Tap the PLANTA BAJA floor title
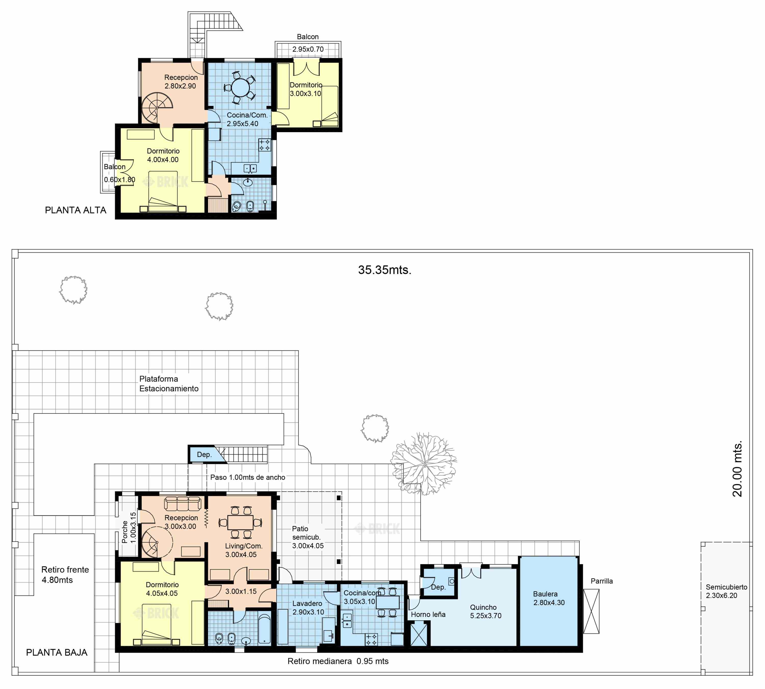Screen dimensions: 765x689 pyautogui.click(x=57, y=652)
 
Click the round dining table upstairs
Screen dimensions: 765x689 pyautogui.click(x=241, y=88)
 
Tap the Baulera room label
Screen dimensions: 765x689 pyautogui.click(x=545, y=594)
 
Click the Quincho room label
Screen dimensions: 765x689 pyautogui.click(x=483, y=607)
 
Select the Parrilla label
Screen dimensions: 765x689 pyautogui.click(x=602, y=581)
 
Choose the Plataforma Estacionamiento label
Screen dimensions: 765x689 pyautogui.click(x=169, y=384)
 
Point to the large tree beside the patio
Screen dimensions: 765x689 pyautogui.click(x=424, y=464)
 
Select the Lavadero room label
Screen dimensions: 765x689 pyautogui.click(x=307, y=604)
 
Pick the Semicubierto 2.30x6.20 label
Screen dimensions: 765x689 pyautogui.click(x=726, y=591)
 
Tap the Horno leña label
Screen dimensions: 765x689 pyautogui.click(x=428, y=614)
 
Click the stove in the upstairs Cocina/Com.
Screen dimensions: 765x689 pyautogui.click(x=264, y=145)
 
